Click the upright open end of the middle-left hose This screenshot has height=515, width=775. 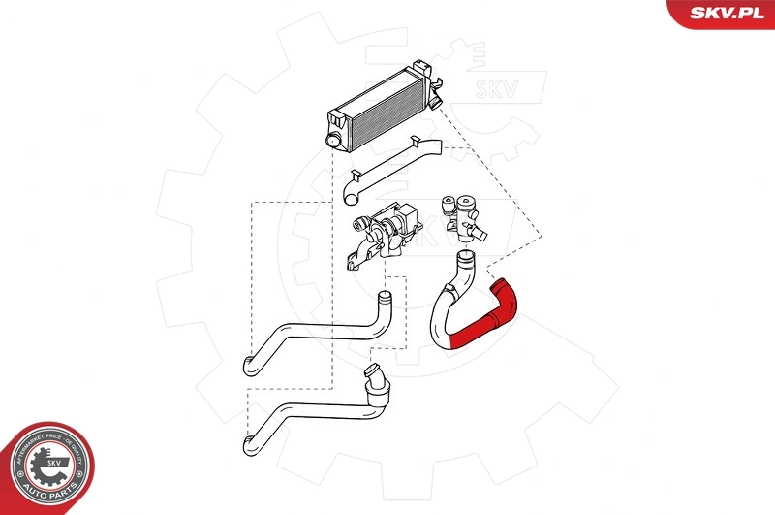385,295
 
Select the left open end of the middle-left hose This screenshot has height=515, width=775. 246,366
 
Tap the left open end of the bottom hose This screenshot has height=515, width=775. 246,445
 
